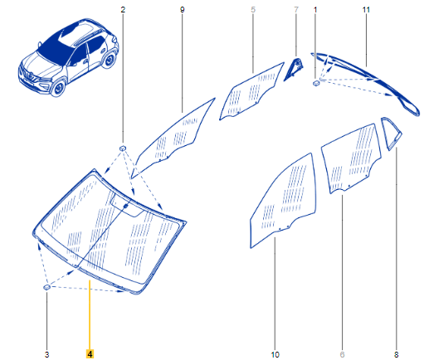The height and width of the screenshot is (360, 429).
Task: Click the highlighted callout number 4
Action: coord(90,354)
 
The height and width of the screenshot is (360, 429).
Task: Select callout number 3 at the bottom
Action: coord(46,354)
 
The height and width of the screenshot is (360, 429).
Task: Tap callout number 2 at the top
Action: coord(123,10)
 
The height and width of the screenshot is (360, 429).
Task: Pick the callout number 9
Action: coord(182,10)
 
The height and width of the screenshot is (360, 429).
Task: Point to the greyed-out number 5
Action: coord(253,10)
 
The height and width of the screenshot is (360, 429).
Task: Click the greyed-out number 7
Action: coord(296,10)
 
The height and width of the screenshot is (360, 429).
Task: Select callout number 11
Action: coord(366,10)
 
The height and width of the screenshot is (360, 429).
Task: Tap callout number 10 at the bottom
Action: coord(275,354)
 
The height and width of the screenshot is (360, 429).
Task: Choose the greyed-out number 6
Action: coord(342,354)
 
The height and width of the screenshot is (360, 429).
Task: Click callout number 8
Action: coord(396,354)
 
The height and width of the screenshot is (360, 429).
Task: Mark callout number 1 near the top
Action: coord(315,10)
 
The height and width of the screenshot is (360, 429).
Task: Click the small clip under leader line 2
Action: coord(123,148)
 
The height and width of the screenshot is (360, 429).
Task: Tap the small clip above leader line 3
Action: coord(46,287)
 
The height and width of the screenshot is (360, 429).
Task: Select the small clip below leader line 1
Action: coord(315,82)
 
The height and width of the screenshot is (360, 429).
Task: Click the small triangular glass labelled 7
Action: coord(294,69)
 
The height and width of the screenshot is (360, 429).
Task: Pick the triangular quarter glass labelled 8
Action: coord(391,134)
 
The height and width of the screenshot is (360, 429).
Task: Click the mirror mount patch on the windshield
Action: coord(127,206)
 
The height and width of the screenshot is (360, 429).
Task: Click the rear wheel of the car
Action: coord(109,60)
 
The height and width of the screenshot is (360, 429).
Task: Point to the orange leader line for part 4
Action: coord(90,314)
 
